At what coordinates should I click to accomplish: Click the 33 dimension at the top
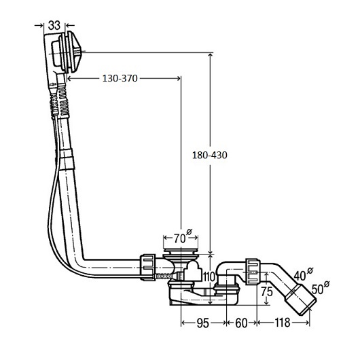pyautogui.click(x=54, y=25)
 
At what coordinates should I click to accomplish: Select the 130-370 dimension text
pyautogui.click(x=120, y=79)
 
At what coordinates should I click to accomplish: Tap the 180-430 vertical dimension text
pyautogui.click(x=210, y=155)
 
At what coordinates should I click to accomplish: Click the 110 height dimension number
pyautogui.click(x=209, y=276)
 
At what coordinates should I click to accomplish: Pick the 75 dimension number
pyautogui.click(x=267, y=292)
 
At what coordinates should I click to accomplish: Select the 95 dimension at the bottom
pyautogui.click(x=203, y=323)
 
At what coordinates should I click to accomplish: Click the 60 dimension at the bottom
pyautogui.click(x=241, y=323)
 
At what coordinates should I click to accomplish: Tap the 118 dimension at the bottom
pyautogui.click(x=283, y=323)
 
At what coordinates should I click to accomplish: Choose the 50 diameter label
pyautogui.click(x=321, y=287)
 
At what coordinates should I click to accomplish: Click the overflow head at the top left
pyautogui.click(x=63, y=52)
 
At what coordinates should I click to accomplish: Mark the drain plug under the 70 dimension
pyautogui.click(x=181, y=252)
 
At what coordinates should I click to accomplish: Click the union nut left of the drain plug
pyautogui.click(x=148, y=267)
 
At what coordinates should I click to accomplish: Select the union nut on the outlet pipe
pyautogui.click(x=253, y=272)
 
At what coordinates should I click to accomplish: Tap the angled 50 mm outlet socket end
pyautogui.click(x=301, y=299)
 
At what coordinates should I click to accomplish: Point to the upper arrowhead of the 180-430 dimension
pyautogui.click(x=210, y=56)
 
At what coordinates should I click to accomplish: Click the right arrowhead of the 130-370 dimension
pyautogui.click(x=178, y=79)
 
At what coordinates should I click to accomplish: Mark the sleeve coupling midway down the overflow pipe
pyautogui.click(x=67, y=159)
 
